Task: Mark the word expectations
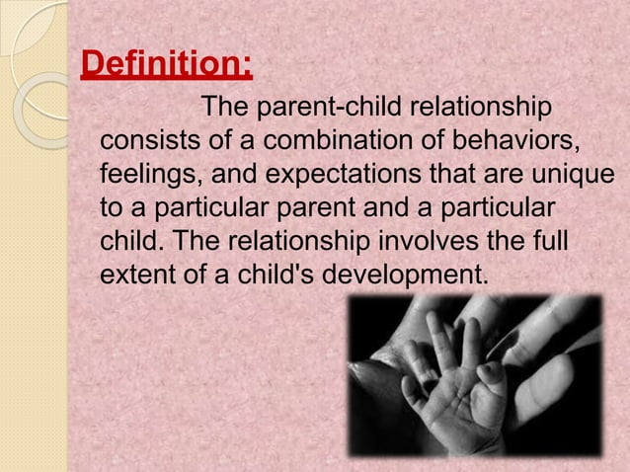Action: click(345, 175)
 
